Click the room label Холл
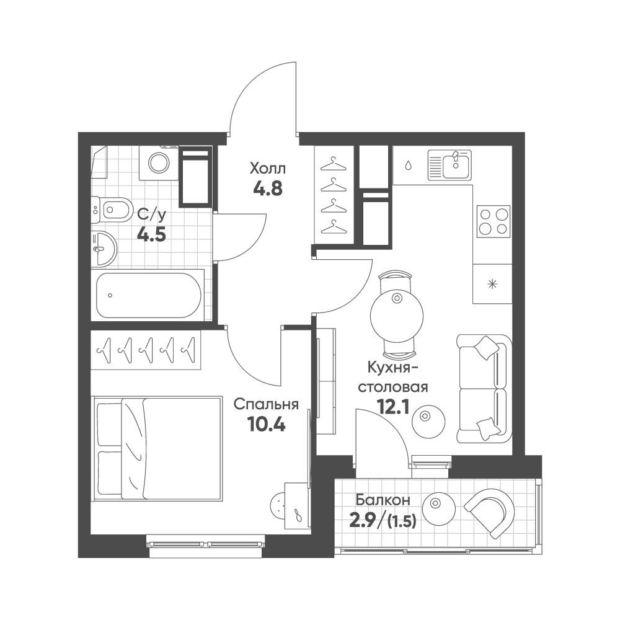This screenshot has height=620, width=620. pyautogui.click(x=267, y=169)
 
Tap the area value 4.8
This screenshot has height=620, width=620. pyautogui.click(x=268, y=188)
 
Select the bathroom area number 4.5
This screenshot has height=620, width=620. pyautogui.click(x=151, y=234)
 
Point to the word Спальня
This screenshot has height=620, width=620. pyautogui.click(x=266, y=405)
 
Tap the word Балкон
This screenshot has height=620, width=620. pyautogui.click(x=383, y=500)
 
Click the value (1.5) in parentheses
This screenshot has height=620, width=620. pyautogui.click(x=402, y=522)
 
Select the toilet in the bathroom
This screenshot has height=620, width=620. pyautogui.click(x=112, y=210)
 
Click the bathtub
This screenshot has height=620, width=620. pyautogui.click(x=149, y=295)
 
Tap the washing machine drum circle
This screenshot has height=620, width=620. pyautogui.click(x=159, y=162)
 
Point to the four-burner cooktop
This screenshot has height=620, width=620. pyautogui.click(x=493, y=221)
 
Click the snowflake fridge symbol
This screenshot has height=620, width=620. pyautogui.click(x=492, y=283)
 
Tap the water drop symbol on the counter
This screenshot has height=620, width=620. pyautogui.click(x=408, y=166)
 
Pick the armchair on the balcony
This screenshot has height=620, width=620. pyautogui.click(x=489, y=513)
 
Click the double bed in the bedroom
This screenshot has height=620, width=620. pyautogui.click(x=157, y=449)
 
